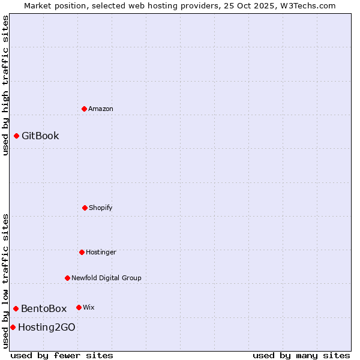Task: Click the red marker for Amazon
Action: (x=85, y=109)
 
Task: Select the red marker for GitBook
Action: (x=17, y=136)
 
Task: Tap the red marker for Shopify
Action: (x=85, y=208)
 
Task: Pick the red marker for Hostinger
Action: (x=82, y=252)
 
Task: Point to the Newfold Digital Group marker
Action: (x=68, y=278)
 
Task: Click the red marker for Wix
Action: (x=79, y=307)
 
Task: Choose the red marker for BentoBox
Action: (x=16, y=308)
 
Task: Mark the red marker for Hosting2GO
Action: (x=13, y=327)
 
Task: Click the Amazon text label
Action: (x=101, y=109)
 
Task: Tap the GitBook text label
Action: (x=40, y=136)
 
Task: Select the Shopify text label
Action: (x=101, y=208)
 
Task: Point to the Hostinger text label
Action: (x=101, y=252)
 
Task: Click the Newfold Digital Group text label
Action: (x=106, y=278)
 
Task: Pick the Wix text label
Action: (x=89, y=307)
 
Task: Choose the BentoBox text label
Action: (x=44, y=308)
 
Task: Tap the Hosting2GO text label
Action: (x=47, y=327)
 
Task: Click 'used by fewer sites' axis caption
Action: (x=62, y=355)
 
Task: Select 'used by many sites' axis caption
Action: (x=301, y=355)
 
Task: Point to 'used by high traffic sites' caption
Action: (x=5, y=85)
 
